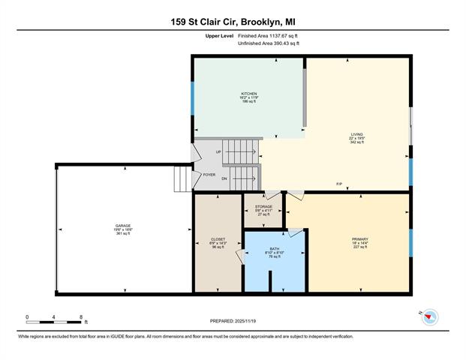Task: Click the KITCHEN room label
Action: tap(249, 94)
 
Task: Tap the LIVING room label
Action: tap(356, 134)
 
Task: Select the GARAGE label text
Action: tap(123, 226)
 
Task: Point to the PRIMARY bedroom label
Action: tap(359, 239)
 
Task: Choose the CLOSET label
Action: tap(218, 239)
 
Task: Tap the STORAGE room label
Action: tap(263, 206)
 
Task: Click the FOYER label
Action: tap(209, 175)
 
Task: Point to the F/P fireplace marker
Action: tap(339, 184)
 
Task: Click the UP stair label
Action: tap(218, 152)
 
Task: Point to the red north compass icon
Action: tap(428, 317)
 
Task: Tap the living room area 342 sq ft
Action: tap(356, 142)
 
